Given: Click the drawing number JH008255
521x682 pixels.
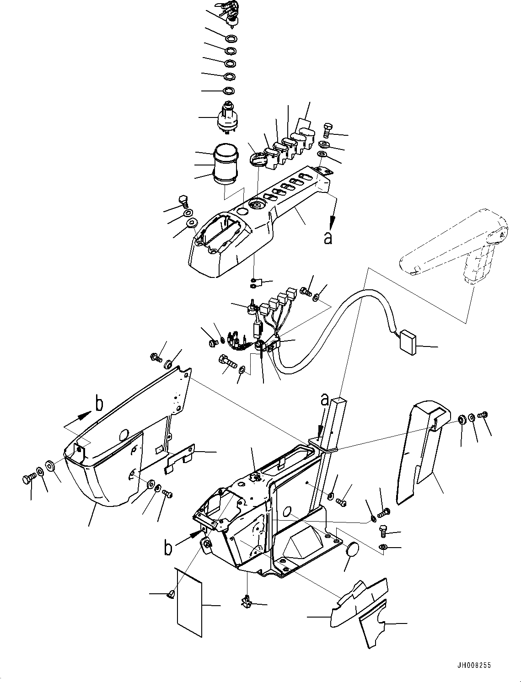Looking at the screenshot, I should tap(473, 666).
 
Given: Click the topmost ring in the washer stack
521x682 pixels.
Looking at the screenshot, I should tap(231, 37).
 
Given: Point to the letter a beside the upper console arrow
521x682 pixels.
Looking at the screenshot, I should tap(328, 238).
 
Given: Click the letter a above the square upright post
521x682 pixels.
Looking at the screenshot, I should tap(324, 400).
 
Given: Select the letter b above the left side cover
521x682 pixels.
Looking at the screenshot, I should tap(99, 403).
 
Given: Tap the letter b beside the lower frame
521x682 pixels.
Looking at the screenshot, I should tap(168, 548).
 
